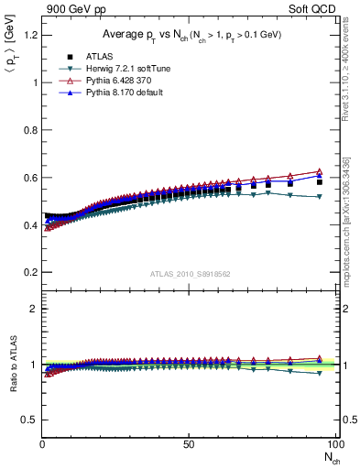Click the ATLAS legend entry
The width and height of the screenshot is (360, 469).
coord(83,55)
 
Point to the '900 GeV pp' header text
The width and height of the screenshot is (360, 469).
coord(70,9)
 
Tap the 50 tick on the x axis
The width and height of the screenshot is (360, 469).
coord(188,444)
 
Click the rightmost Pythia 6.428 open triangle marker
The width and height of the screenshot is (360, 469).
coord(319,172)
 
